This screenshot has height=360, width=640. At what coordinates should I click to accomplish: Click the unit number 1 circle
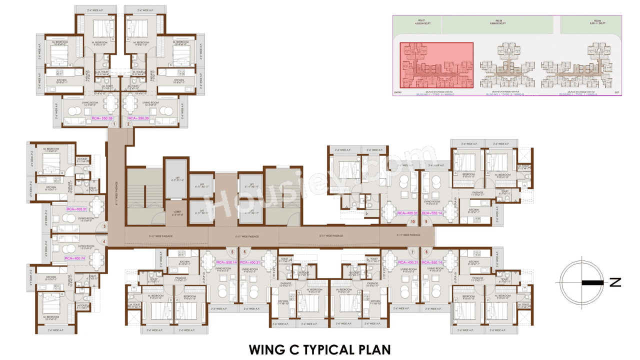(114, 124)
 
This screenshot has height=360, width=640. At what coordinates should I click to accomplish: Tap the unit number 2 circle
(128, 124)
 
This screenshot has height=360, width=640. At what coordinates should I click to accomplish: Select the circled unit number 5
(232, 251)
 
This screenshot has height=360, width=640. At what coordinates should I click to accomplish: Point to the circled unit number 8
(426, 252)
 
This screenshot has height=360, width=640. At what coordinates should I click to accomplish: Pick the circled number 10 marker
(413, 221)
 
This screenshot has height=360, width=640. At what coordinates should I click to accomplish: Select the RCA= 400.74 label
(74, 258)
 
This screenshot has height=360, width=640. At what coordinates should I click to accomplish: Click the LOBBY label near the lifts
(177, 211)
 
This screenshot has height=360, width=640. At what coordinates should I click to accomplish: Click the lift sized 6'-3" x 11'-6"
(176, 179)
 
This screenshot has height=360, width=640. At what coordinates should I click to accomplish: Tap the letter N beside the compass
(615, 282)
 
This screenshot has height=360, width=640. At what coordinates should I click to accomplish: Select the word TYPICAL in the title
(321, 349)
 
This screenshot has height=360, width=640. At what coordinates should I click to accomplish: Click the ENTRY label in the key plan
(398, 92)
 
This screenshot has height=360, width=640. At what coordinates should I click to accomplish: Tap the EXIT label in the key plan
(617, 92)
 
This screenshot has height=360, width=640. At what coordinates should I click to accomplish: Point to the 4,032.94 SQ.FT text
(420, 23)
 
